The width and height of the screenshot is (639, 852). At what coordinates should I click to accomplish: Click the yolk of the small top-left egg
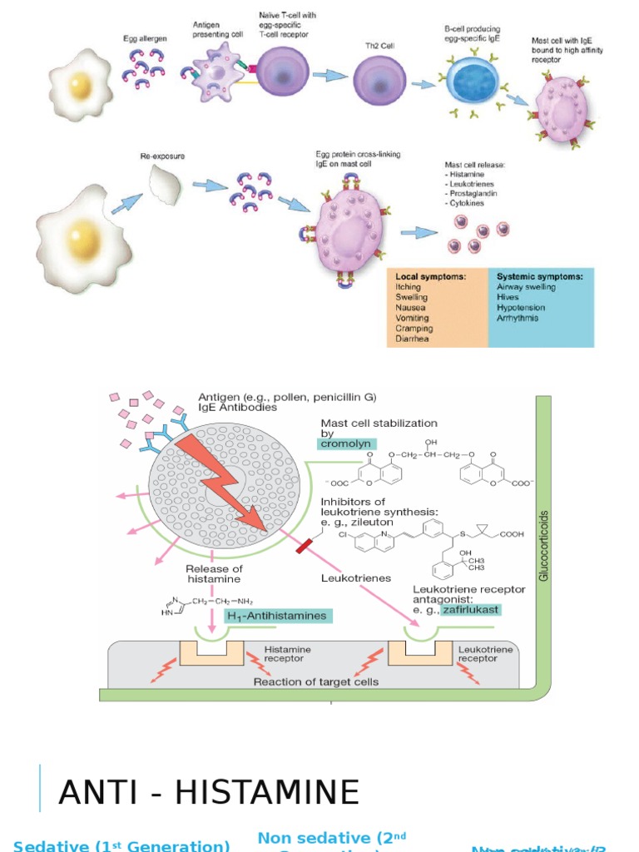pyautogui.click(x=80, y=84)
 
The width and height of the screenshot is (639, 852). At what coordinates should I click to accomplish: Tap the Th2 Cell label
pyautogui.click(x=379, y=46)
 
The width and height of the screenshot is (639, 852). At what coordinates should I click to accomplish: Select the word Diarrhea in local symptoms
pyautogui.click(x=413, y=339)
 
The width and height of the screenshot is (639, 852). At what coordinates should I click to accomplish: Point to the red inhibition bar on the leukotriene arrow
pyautogui.click(x=304, y=545)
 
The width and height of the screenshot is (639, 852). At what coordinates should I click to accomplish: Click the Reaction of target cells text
pyautogui.click(x=316, y=681)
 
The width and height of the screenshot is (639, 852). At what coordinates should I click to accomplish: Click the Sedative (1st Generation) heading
pyautogui.click(x=121, y=845)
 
